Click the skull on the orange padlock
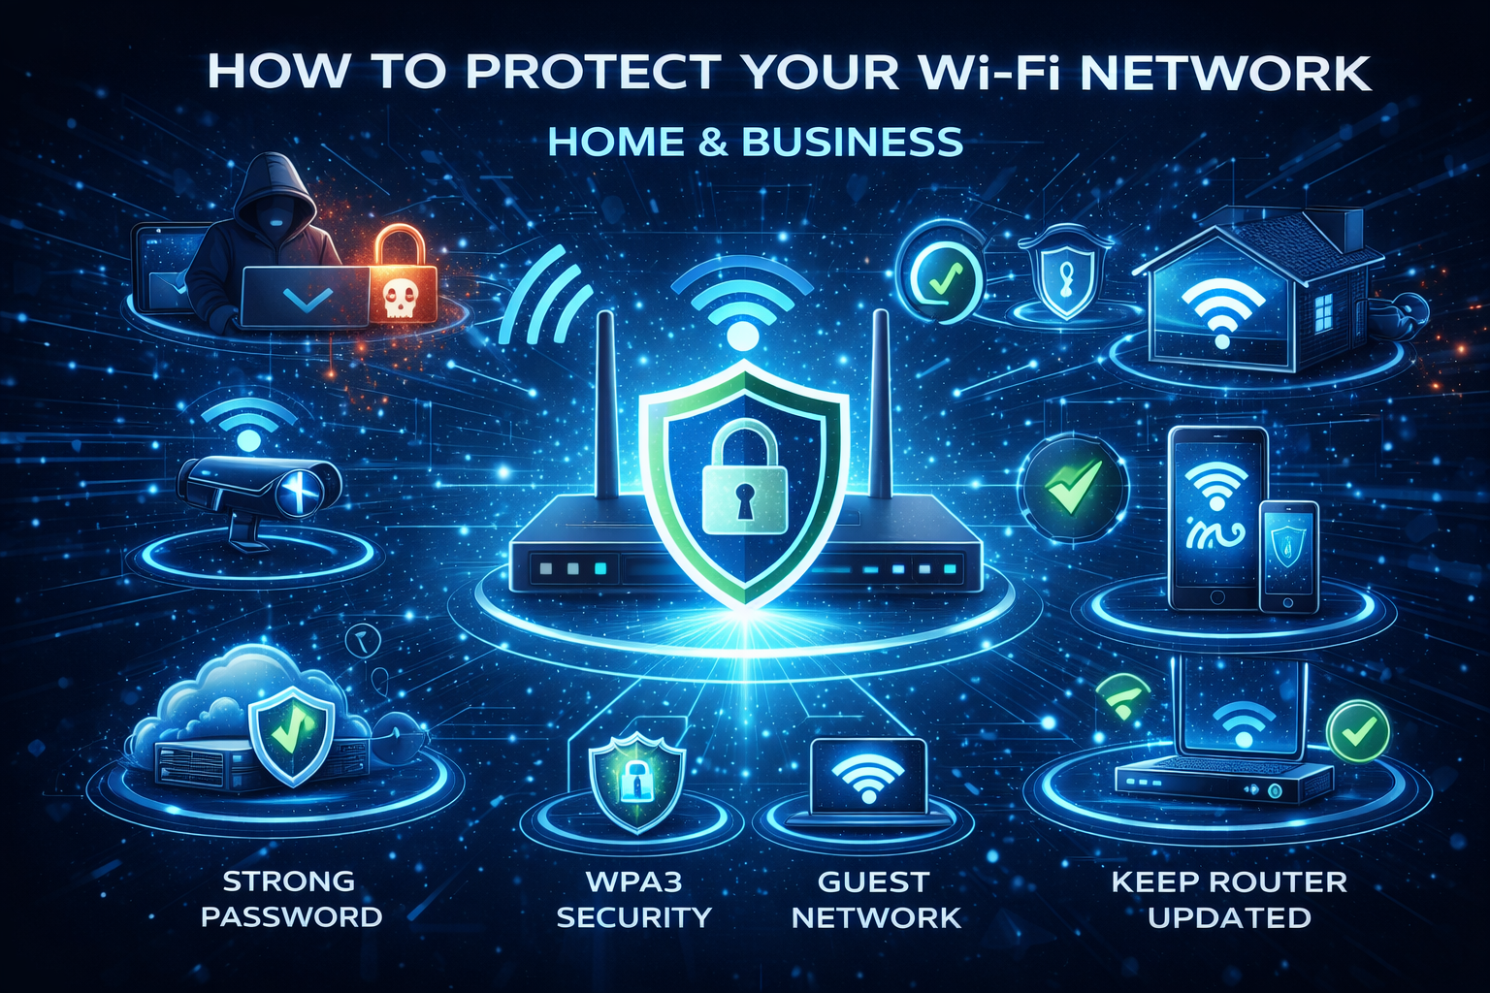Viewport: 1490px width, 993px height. coord(399,298)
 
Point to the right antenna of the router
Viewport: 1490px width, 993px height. coord(880,407)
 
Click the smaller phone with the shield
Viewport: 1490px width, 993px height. coord(1288,556)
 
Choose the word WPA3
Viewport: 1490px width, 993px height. coord(634,882)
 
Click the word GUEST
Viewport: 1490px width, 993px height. coord(874,882)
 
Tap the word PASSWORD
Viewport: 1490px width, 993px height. coord(292,917)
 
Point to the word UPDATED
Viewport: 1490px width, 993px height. coord(1229,917)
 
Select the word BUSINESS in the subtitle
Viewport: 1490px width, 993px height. coord(853,143)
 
